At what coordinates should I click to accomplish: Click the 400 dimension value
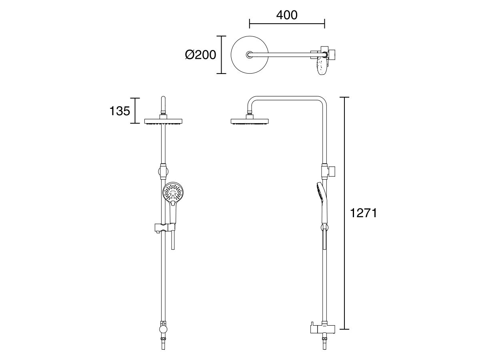(x=286, y=15)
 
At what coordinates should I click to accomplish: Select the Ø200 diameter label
(x=200, y=54)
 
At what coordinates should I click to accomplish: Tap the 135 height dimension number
(x=120, y=110)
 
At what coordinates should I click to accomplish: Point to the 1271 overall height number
(x=363, y=213)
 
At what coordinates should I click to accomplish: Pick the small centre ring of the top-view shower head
(x=250, y=54)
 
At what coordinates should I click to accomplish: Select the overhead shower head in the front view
(x=163, y=121)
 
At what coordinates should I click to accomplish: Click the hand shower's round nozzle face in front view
(x=173, y=192)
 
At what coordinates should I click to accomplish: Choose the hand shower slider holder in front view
(x=164, y=228)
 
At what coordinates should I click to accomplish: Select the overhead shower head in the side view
(x=249, y=121)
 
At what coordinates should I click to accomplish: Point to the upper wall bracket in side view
(x=332, y=170)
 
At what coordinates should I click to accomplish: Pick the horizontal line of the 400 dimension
(x=286, y=23)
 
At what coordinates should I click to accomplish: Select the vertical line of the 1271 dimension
(x=345, y=213)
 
